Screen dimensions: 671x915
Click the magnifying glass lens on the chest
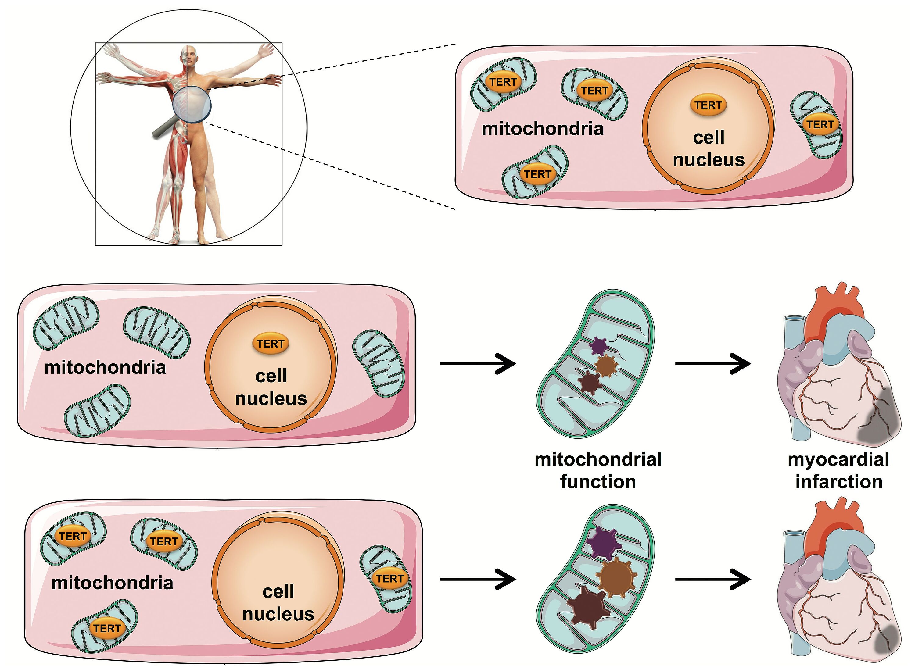click(x=192, y=104)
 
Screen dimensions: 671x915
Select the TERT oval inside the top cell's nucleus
click(x=708, y=105)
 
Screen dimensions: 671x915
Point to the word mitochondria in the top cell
click(x=542, y=129)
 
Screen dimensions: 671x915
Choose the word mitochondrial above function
click(x=598, y=460)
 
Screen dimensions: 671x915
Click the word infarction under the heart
click(x=839, y=482)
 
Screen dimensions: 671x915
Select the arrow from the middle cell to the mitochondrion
click(x=478, y=363)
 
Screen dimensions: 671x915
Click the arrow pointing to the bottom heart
click(x=713, y=579)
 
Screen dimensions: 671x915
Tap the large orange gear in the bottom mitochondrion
click(x=617, y=577)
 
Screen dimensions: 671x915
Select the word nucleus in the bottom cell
click(x=278, y=614)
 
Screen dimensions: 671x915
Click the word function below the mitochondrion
click(x=598, y=482)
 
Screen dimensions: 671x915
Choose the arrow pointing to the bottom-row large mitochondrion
click(x=478, y=579)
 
